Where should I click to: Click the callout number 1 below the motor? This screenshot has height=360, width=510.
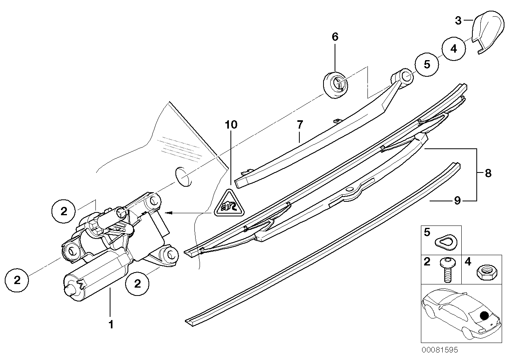click(x=111, y=325)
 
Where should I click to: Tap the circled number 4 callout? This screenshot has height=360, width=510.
click(x=454, y=49)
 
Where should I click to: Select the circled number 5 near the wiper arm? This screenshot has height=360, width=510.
click(x=427, y=64)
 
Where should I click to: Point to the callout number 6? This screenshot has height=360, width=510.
click(x=335, y=37)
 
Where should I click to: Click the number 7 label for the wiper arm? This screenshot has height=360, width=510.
click(x=300, y=125)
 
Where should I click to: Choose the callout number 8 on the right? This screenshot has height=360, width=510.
click(x=488, y=173)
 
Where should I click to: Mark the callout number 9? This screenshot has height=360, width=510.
click(x=457, y=201)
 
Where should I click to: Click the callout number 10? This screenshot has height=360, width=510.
click(x=231, y=125)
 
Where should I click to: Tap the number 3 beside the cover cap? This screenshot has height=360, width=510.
click(x=458, y=20)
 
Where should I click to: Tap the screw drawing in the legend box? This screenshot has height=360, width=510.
click(x=447, y=269)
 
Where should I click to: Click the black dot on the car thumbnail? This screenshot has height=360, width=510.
click(x=484, y=315)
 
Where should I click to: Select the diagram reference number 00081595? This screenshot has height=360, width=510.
click(x=440, y=350)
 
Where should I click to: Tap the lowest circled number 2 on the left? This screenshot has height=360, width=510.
click(x=17, y=280)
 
